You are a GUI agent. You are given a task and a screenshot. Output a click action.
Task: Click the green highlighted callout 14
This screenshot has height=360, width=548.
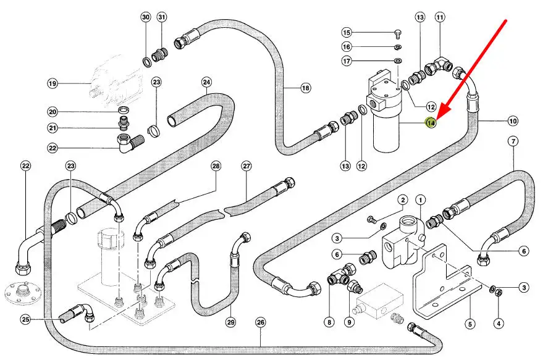[431, 123]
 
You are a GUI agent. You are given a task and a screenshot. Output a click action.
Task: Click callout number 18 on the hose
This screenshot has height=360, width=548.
[305, 88]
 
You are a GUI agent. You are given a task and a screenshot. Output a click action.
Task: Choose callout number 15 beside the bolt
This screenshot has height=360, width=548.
[346, 32]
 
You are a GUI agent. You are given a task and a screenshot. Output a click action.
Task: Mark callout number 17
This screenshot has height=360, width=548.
[346, 61]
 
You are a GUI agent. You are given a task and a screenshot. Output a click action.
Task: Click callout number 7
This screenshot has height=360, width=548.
[513, 142]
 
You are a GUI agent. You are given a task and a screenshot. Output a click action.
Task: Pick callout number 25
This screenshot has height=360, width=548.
[25, 319]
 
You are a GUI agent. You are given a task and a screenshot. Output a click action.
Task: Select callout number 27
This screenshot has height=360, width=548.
[247, 166]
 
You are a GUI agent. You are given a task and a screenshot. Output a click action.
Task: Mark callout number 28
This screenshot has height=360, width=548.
[216, 166]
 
